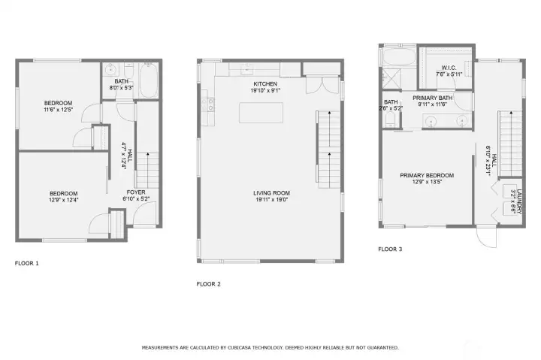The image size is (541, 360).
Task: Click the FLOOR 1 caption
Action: click(x=27, y=264)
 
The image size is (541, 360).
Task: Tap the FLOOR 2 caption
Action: click(x=208, y=284)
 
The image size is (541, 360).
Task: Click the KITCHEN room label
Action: click(x=265, y=83)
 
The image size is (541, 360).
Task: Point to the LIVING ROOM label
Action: click(x=270, y=193)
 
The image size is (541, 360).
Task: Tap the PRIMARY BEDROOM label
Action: click(x=426, y=176)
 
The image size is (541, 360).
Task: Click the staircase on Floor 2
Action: click(x=328, y=148)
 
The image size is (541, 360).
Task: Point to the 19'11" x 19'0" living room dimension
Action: click(x=270, y=200)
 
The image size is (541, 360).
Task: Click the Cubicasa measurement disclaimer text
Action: click(x=270, y=348)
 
